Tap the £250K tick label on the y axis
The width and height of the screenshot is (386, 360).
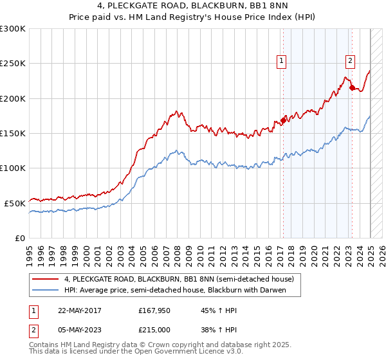(13, 64)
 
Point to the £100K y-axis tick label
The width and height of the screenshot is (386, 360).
(13, 168)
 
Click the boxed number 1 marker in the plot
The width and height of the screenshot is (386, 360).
(282, 62)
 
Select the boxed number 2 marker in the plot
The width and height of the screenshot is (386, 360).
(350, 62)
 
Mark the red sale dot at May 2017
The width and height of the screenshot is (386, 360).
(283, 121)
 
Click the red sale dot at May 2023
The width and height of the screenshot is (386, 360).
(352, 88)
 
